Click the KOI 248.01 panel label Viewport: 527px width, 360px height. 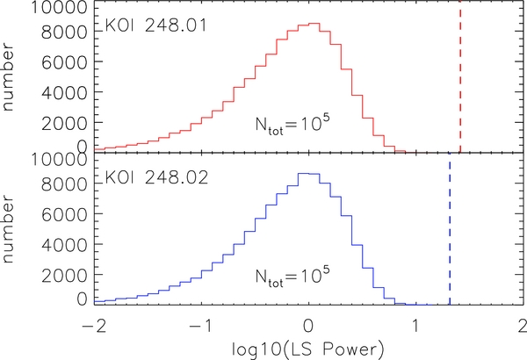(156, 25)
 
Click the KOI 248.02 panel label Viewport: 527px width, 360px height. (156, 177)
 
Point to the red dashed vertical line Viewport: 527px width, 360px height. (460, 76)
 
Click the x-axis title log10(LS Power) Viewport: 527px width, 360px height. (307, 349)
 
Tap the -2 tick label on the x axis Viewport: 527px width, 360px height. (95, 326)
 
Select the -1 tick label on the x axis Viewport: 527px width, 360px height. (202, 326)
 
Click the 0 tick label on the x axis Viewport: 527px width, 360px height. (308, 326)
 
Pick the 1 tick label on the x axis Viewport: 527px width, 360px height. (415, 326)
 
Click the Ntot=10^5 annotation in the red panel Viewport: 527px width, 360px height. (292, 125)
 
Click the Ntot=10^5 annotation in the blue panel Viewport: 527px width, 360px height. (292, 277)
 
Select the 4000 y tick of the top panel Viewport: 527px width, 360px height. (64, 92)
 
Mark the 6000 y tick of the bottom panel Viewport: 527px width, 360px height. (64, 214)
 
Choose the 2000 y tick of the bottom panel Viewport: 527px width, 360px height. (64, 275)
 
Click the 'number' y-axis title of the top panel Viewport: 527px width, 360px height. (7, 77)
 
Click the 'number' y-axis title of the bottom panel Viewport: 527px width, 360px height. (7, 229)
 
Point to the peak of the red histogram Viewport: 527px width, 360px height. (314, 24)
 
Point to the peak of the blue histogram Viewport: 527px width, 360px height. (303, 174)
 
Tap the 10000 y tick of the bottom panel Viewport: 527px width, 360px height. (59, 160)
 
